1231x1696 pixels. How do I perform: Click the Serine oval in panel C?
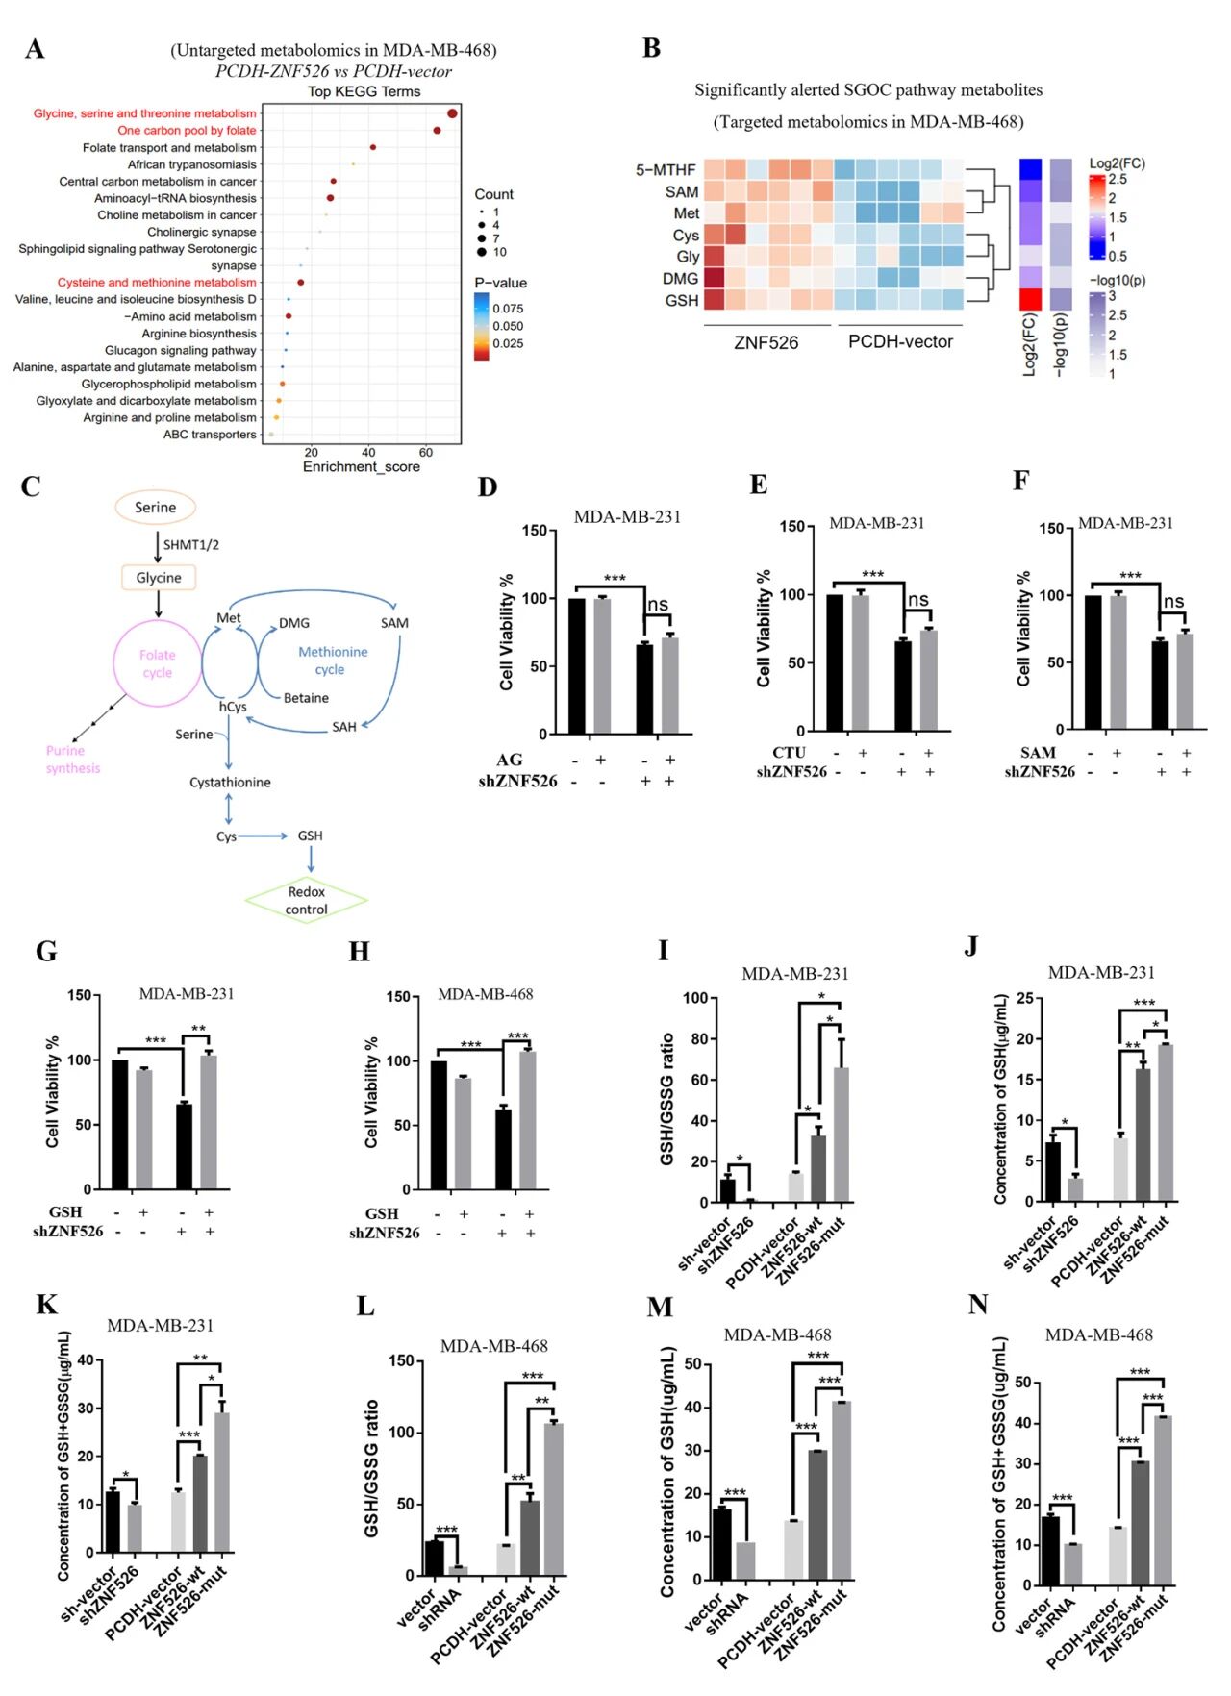point(155,507)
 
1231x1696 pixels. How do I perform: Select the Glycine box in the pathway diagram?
point(159,578)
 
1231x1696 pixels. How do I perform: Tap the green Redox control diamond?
point(307,901)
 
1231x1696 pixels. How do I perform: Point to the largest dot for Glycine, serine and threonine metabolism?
point(452,113)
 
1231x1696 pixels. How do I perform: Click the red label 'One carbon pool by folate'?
point(187,130)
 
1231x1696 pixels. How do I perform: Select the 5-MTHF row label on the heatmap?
point(665,170)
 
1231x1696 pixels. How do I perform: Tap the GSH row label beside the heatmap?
point(681,300)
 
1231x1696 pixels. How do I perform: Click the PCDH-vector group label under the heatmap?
point(900,341)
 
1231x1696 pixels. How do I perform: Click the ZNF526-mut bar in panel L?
point(553,1499)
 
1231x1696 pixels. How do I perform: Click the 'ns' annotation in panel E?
point(918,600)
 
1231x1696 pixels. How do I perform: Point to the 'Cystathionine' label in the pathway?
point(230,783)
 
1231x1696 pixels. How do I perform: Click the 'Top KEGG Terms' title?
point(364,91)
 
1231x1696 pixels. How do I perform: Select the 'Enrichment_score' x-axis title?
point(362,467)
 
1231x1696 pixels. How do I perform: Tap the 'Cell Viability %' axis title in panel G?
point(53,1091)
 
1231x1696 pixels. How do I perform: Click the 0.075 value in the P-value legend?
point(508,309)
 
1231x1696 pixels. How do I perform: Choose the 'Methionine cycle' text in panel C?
point(332,661)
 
